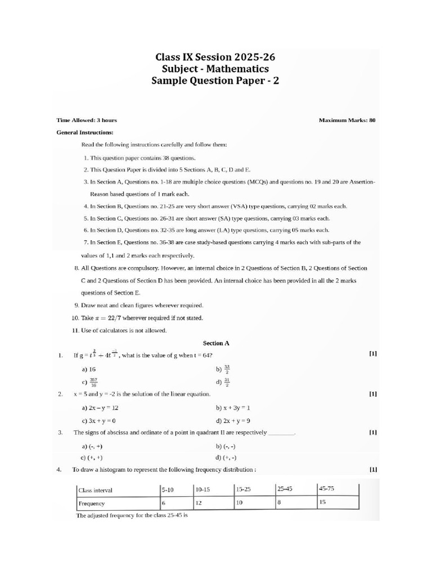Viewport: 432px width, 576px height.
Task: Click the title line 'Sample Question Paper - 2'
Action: point(215,81)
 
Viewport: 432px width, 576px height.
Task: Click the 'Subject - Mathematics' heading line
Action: point(215,69)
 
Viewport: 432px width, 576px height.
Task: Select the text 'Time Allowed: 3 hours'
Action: point(87,120)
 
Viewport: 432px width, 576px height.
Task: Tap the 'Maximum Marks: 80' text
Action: point(346,120)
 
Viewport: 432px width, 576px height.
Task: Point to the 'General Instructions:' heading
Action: point(85,132)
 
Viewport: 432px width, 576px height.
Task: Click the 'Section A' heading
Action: point(216,343)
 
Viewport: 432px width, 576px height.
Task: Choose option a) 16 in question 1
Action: point(89,370)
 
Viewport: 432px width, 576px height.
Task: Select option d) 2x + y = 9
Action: point(233,420)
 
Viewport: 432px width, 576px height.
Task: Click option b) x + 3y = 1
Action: point(233,407)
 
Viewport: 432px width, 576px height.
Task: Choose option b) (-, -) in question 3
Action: point(225,445)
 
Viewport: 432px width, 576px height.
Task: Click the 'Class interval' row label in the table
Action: point(96,490)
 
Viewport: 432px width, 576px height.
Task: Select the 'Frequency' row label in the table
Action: point(92,503)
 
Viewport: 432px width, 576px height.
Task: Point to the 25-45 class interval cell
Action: point(285,489)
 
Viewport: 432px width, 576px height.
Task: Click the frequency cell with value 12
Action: point(199,502)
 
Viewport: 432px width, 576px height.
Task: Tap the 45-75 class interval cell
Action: point(326,488)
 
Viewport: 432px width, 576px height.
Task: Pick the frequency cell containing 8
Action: point(279,502)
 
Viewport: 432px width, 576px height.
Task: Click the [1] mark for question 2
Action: point(372,394)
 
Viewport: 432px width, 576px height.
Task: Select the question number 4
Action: point(59,469)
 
